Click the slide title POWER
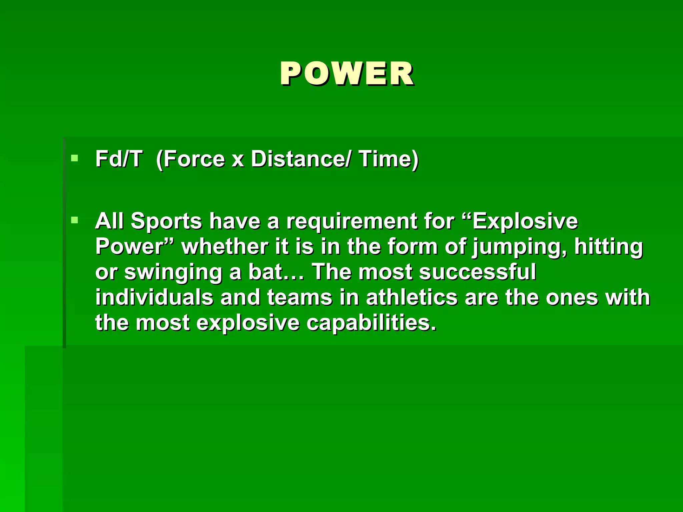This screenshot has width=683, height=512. (x=347, y=74)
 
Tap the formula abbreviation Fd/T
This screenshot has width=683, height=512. (x=119, y=159)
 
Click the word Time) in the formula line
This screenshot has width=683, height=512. (x=389, y=159)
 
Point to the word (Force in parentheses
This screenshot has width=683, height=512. (x=190, y=159)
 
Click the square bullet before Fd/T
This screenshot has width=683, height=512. (x=75, y=158)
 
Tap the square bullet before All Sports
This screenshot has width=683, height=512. (x=75, y=220)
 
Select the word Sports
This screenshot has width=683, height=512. (x=166, y=222)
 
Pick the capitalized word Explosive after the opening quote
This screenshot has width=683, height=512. (x=525, y=221)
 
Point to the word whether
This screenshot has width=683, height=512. (x=224, y=247)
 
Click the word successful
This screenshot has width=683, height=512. (x=478, y=272)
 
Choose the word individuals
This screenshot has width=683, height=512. (x=154, y=297)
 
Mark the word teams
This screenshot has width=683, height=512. (x=299, y=297)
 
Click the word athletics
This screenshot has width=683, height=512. (x=412, y=297)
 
